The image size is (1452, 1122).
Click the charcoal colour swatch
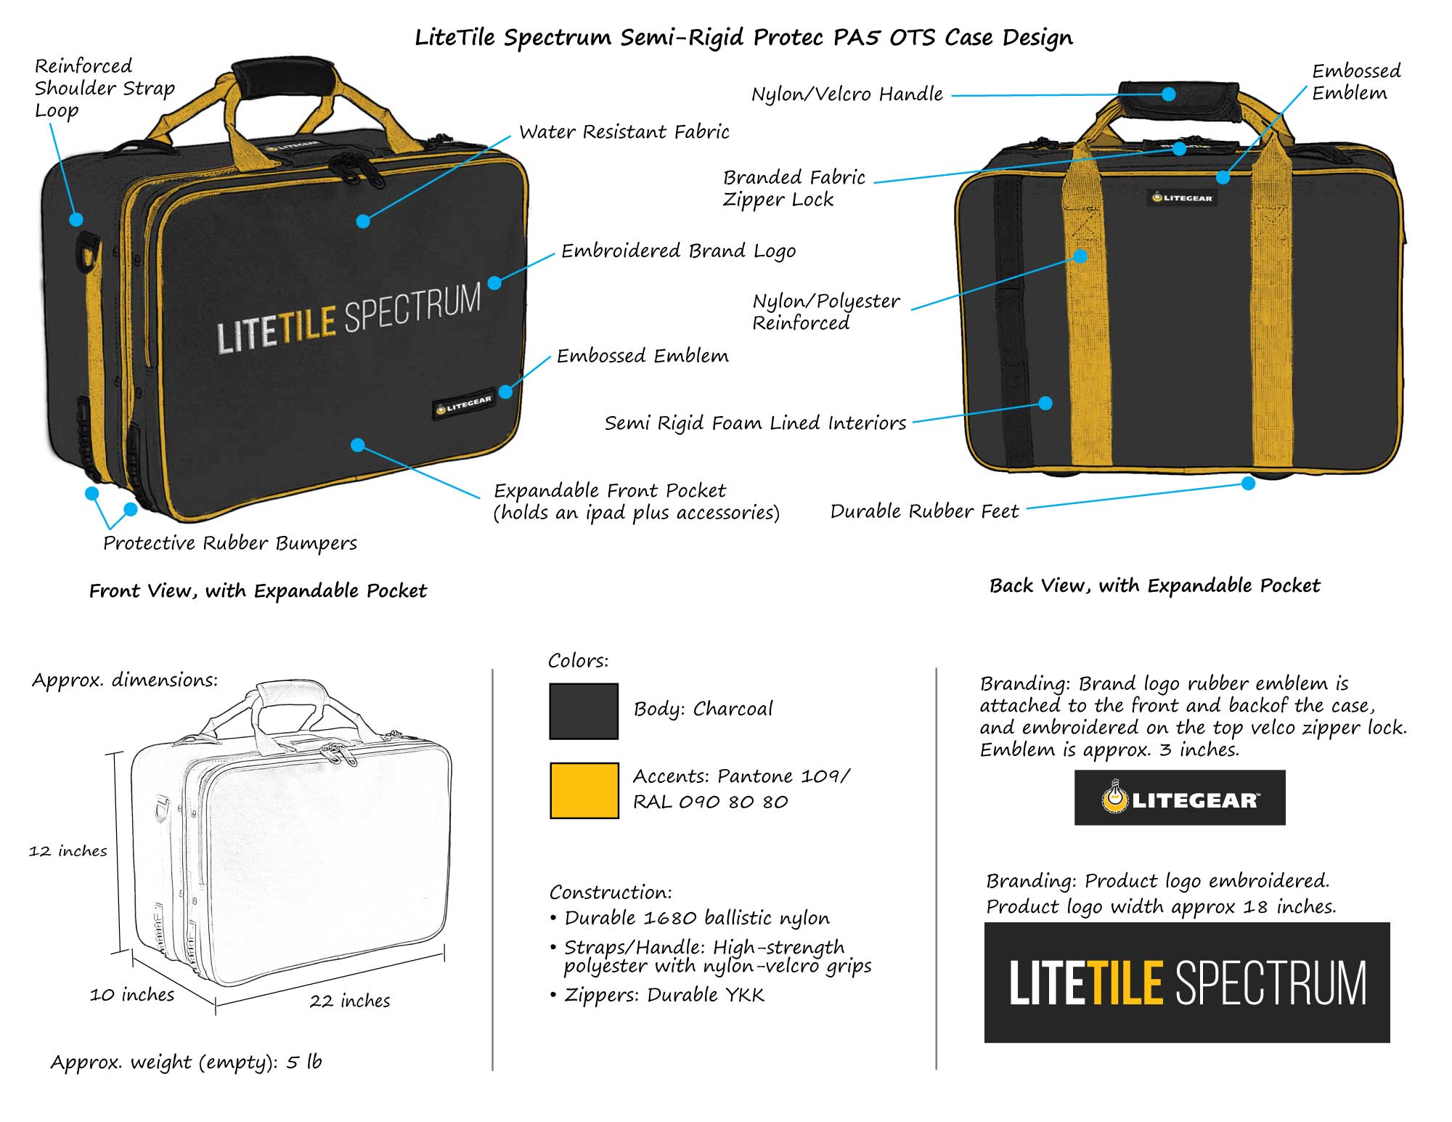[584, 711]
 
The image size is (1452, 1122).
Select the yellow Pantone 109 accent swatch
[584, 790]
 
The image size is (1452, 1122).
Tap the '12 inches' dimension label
[68, 850]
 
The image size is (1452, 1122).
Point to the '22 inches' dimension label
[349, 1001]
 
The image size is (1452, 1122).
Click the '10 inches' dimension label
[132, 994]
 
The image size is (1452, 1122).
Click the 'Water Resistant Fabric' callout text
[624, 131]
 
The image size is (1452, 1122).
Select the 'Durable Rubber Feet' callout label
[924, 511]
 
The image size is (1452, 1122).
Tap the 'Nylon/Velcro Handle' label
[847, 94]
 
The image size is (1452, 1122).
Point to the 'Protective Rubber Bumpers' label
[230, 543]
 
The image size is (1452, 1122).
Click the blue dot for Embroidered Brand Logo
[495, 282]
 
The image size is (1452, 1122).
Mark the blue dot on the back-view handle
[1168, 94]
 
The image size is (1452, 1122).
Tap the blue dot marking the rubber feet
[1248, 484]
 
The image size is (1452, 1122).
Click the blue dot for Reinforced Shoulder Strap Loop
[76, 219]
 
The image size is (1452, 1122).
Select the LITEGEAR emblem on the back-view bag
[1182, 198]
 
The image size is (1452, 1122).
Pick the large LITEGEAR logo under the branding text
[1180, 798]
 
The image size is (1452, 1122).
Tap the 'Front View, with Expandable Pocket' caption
[258, 590]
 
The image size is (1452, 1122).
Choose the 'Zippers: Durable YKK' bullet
[664, 995]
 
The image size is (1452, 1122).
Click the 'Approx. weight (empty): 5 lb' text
[186, 1062]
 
